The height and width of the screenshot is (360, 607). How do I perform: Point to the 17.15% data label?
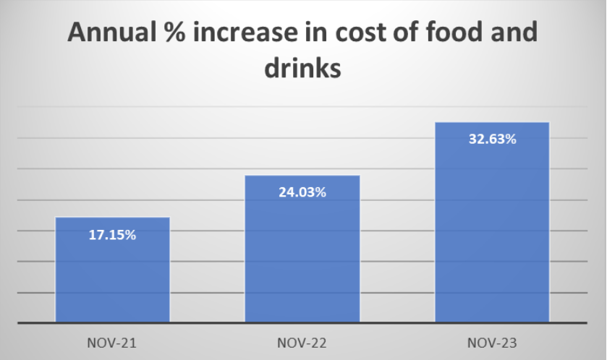112,235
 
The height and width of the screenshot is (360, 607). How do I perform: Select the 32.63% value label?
492,140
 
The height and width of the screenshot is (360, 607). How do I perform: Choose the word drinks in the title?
302,70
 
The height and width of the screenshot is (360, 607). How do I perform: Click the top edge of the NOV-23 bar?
492,122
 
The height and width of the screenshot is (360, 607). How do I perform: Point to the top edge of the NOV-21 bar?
112,218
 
